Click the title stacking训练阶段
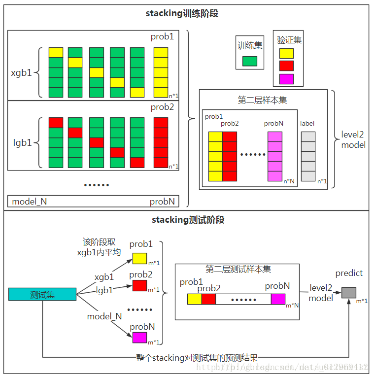point(182,13)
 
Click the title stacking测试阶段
point(182,220)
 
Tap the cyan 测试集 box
point(42,295)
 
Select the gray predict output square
point(348,292)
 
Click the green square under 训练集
point(249,61)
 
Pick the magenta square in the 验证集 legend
point(286,79)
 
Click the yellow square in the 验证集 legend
point(286,53)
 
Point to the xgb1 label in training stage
point(21,73)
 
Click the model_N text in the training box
point(29,202)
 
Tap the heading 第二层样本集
point(262,100)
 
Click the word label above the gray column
point(307,123)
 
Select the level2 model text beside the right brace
point(353,140)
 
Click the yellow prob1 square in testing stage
point(139,258)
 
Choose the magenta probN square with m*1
point(139,338)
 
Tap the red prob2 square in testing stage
point(139,285)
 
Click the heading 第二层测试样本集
point(238,270)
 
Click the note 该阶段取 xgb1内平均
point(99,247)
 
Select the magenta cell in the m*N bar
point(278,299)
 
